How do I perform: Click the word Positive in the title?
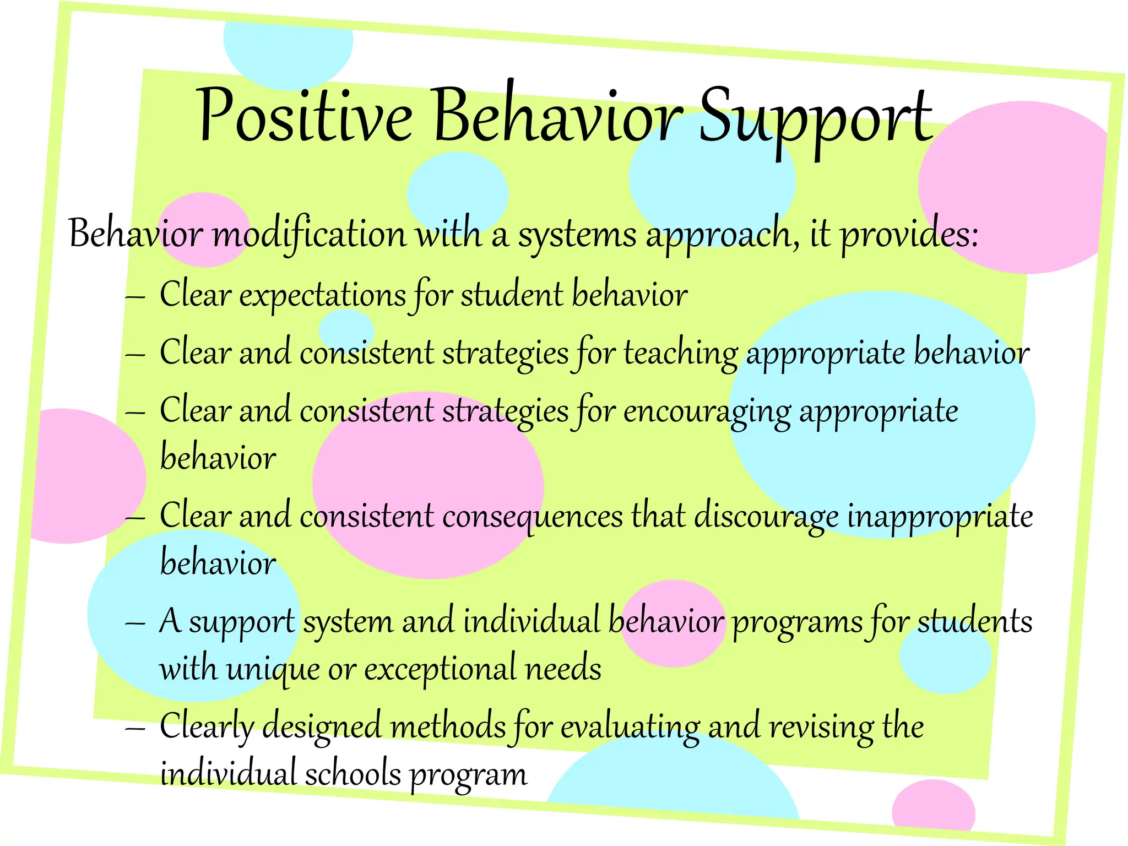(x=305, y=116)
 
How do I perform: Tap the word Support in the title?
(x=815, y=118)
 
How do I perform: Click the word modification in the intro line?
(x=310, y=234)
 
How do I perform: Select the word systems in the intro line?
(x=577, y=235)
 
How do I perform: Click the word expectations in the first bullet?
(x=323, y=295)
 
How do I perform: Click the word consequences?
(x=533, y=517)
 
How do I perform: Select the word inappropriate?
(x=940, y=517)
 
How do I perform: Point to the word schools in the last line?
(x=352, y=773)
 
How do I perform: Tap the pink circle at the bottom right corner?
(x=933, y=810)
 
